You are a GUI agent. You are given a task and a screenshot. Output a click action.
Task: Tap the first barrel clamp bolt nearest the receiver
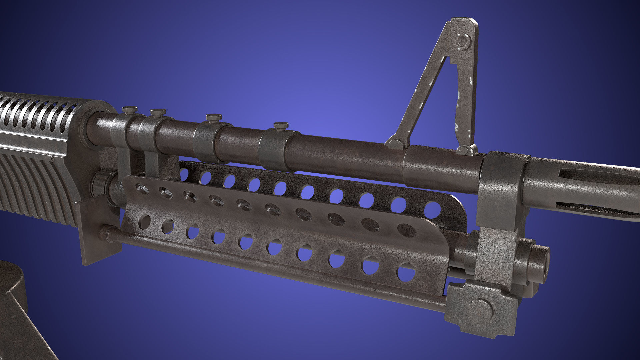(x=129, y=109)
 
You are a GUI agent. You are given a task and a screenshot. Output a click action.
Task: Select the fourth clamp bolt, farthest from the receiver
(x=281, y=126)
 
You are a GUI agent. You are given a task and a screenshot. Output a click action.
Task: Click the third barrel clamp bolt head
(x=213, y=117)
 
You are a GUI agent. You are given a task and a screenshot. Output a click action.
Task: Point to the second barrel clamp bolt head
(x=158, y=112)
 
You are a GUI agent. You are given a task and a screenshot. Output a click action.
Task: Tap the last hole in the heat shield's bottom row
(x=406, y=272)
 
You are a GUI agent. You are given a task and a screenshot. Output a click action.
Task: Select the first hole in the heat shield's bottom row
(x=144, y=222)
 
